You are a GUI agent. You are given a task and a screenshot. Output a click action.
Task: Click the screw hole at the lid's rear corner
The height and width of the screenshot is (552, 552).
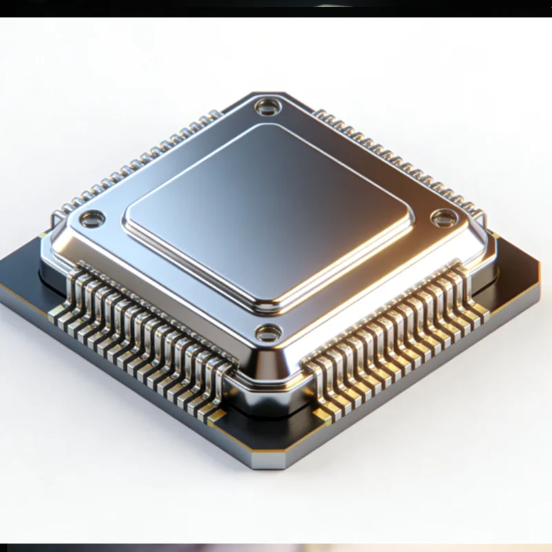(x=266, y=107)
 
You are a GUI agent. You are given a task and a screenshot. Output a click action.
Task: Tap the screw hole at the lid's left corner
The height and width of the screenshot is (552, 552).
(x=91, y=220)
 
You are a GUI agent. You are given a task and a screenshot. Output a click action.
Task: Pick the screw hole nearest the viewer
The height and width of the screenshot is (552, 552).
(x=268, y=333)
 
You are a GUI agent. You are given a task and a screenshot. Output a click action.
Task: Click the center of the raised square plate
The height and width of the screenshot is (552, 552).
(x=268, y=214)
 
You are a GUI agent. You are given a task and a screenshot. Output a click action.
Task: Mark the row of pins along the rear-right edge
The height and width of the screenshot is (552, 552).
(x=400, y=163)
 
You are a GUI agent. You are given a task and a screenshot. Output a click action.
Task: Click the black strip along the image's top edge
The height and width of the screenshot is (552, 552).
(x=276, y=8)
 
